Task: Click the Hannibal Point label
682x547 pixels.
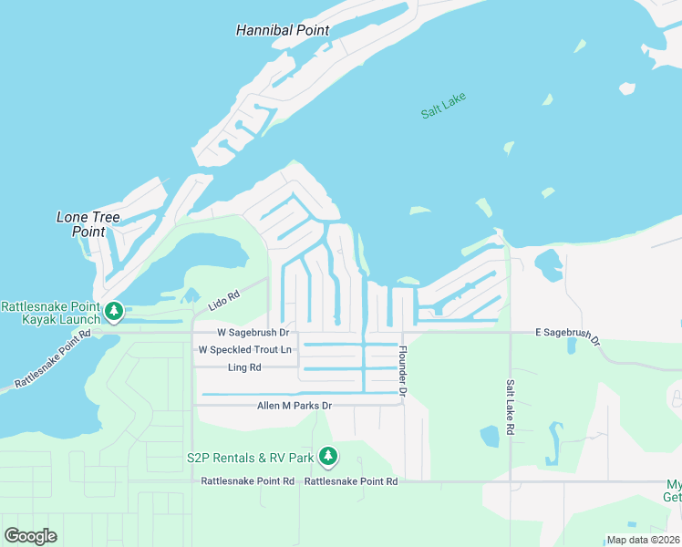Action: pyautogui.click(x=282, y=30)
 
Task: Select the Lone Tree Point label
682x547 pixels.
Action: pyautogui.click(x=88, y=224)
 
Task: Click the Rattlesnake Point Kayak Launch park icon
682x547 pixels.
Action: pyautogui.click(x=114, y=313)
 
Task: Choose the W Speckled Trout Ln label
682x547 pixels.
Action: pyautogui.click(x=244, y=350)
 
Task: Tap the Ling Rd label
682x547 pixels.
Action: pyautogui.click(x=243, y=367)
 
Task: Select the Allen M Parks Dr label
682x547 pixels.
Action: pyautogui.click(x=294, y=405)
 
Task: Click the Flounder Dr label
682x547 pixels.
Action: pyautogui.click(x=402, y=369)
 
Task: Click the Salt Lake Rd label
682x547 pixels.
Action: pyautogui.click(x=511, y=407)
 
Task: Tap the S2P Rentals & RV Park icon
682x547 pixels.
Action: pyautogui.click(x=328, y=457)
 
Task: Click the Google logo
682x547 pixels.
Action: pyautogui.click(x=30, y=535)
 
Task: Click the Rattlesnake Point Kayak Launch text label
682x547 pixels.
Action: pyautogui.click(x=50, y=313)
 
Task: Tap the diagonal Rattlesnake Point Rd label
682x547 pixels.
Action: pyautogui.click(x=53, y=359)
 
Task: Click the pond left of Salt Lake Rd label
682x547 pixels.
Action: pyautogui.click(x=490, y=436)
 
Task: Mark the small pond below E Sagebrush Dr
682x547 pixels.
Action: pyautogui.click(x=572, y=346)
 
